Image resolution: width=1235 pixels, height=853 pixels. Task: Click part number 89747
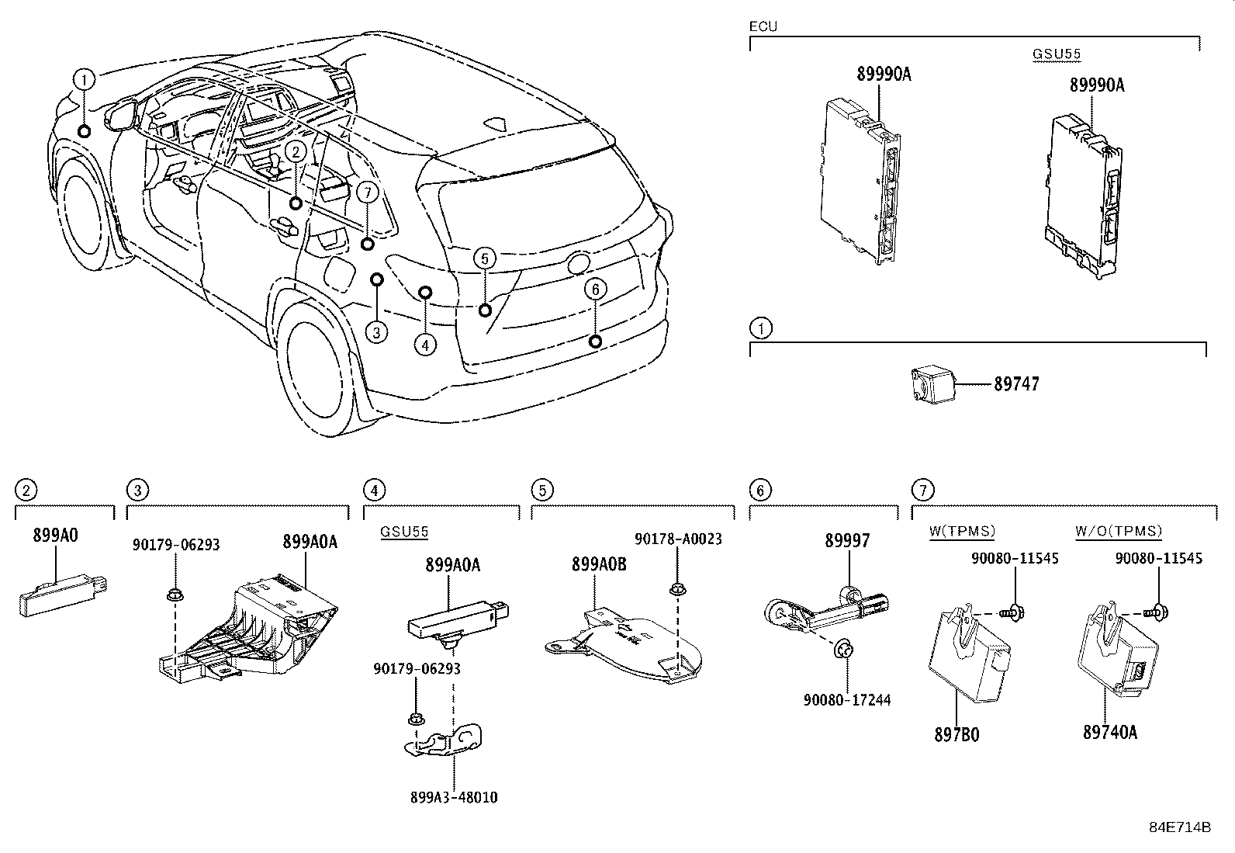click(x=1016, y=383)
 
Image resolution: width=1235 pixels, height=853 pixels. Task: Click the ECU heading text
click(x=763, y=26)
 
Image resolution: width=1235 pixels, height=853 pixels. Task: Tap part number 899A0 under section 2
click(x=55, y=535)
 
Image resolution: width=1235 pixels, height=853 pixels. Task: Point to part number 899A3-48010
click(x=455, y=797)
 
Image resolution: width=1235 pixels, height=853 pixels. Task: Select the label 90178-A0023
click(x=678, y=539)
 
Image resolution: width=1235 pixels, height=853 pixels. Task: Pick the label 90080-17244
click(x=846, y=700)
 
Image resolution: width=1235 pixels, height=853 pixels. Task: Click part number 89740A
click(x=1110, y=732)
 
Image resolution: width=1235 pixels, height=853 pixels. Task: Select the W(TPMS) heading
click(x=962, y=532)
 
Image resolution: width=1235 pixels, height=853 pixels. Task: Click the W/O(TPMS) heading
click(x=1119, y=532)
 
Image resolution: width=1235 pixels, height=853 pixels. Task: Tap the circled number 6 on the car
click(x=595, y=290)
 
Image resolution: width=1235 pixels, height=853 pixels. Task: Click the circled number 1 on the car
click(x=85, y=78)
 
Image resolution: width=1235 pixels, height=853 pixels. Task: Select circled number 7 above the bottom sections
click(x=922, y=490)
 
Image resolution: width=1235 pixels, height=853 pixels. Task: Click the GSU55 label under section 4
click(x=403, y=532)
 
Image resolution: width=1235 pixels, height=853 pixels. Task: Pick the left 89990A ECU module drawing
click(x=861, y=179)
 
